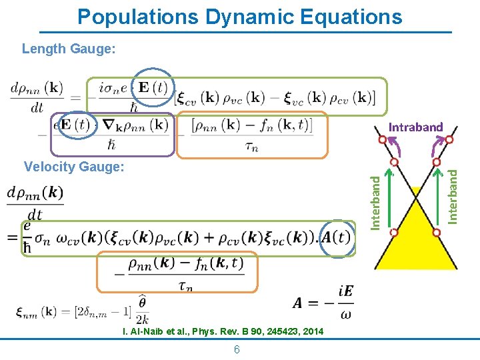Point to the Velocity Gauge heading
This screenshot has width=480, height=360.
point(73,167)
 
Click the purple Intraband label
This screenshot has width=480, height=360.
point(415,127)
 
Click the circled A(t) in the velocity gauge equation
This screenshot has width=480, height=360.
point(335,237)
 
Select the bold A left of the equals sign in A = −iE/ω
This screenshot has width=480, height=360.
point(299,303)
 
